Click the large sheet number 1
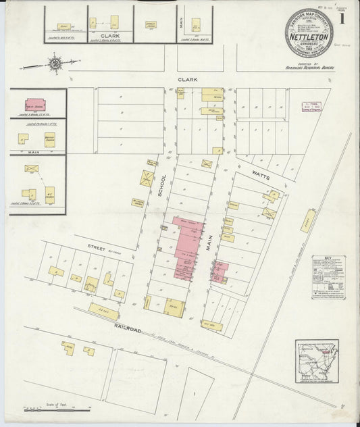tap(342, 18)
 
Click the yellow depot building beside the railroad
tap(103, 311)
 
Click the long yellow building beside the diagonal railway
tap(307, 221)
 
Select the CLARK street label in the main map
tap(187, 80)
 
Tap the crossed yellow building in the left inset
tap(32, 168)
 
